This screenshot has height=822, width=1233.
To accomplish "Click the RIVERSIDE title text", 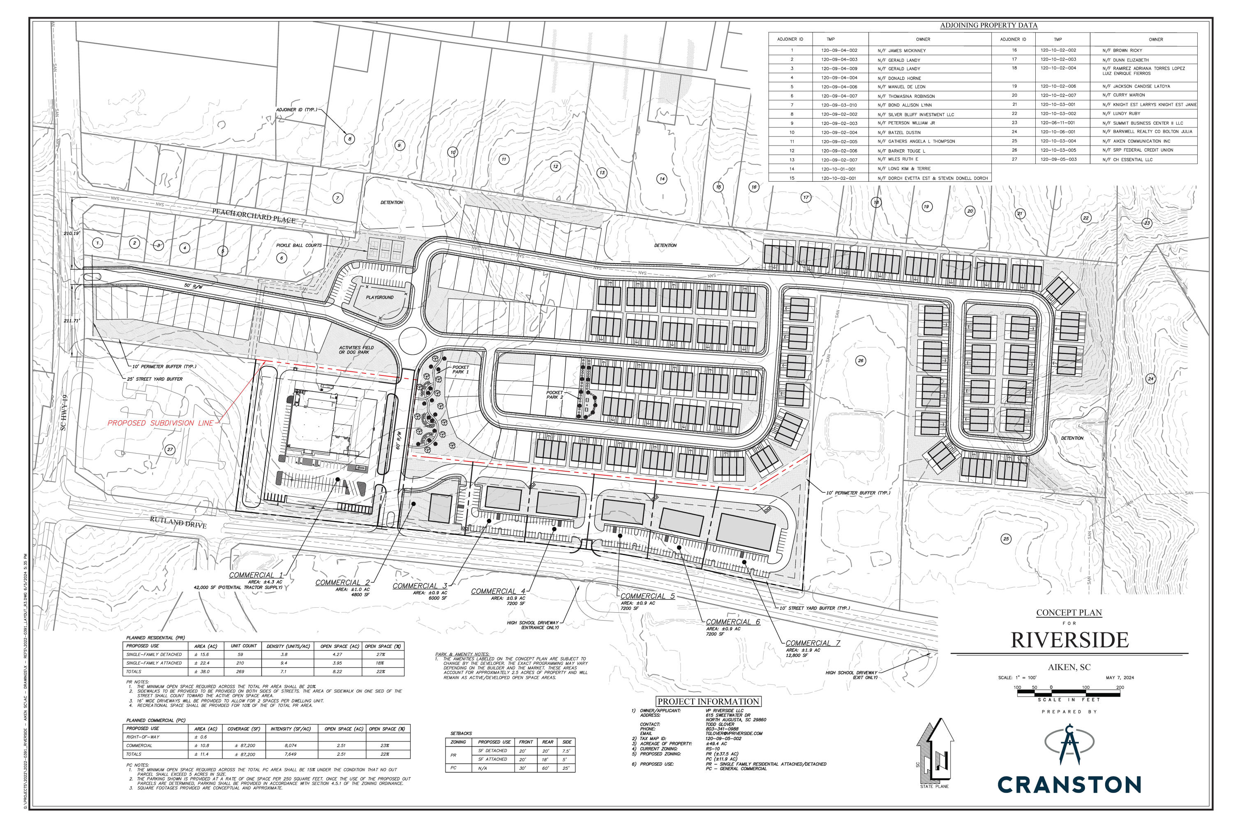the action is [1069, 640].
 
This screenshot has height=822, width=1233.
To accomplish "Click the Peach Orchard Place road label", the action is [254, 215].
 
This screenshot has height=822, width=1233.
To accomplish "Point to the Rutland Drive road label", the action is [178, 522].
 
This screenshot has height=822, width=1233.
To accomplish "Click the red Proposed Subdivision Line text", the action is [160, 423].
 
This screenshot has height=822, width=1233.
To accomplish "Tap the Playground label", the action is [379, 297].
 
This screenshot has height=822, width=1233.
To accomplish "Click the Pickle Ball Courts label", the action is [299, 245].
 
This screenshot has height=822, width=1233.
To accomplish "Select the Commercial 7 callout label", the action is [812, 643].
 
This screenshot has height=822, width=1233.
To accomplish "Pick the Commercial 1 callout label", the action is [256, 575].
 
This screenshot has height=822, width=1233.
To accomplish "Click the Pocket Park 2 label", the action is [554, 395].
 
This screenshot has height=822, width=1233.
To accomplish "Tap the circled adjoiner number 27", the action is [170, 449].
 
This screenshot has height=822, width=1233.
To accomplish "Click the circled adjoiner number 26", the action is [860, 361].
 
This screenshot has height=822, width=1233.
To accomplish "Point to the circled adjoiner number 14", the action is [662, 179].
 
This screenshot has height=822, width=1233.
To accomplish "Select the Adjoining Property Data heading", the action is [988, 25].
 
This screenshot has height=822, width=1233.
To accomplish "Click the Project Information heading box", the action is [708, 702].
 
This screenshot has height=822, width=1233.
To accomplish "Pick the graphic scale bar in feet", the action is [1069, 693].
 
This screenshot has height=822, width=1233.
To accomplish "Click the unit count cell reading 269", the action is [240, 671].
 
